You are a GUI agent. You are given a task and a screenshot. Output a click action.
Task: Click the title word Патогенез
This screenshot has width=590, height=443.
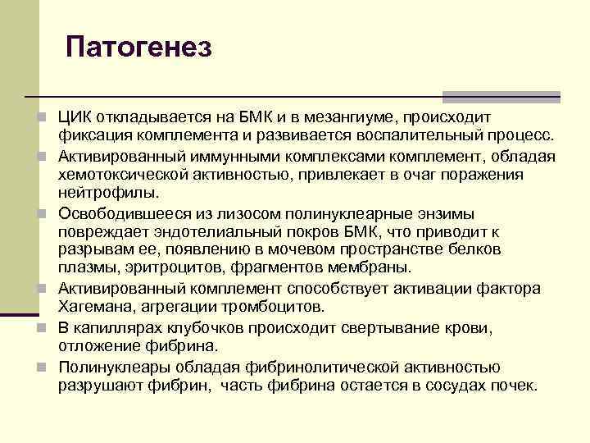[x=138, y=46]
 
